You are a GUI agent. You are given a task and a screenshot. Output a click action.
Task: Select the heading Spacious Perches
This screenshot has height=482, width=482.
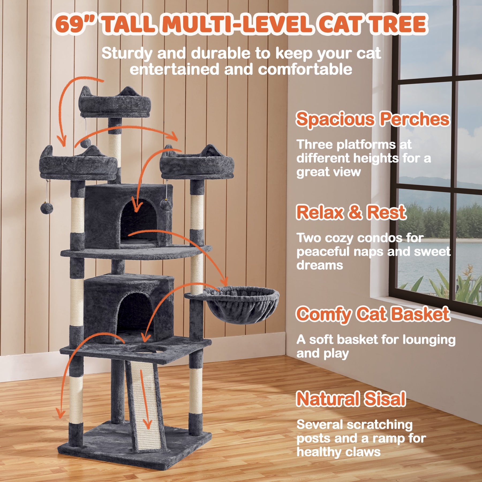click(372, 119)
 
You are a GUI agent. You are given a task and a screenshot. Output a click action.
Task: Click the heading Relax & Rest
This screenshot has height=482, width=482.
click(351, 212)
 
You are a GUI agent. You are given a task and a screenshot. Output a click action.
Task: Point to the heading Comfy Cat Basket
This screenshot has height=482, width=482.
click(373, 314)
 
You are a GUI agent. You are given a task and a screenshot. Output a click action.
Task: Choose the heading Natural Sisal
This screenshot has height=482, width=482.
click(351, 399)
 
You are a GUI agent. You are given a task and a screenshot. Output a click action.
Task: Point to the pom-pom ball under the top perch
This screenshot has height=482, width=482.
click(85, 142)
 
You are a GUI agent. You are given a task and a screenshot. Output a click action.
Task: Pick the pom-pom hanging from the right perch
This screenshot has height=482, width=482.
click(166, 205)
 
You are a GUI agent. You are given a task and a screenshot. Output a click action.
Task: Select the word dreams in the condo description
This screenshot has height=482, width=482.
click(320, 265)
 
